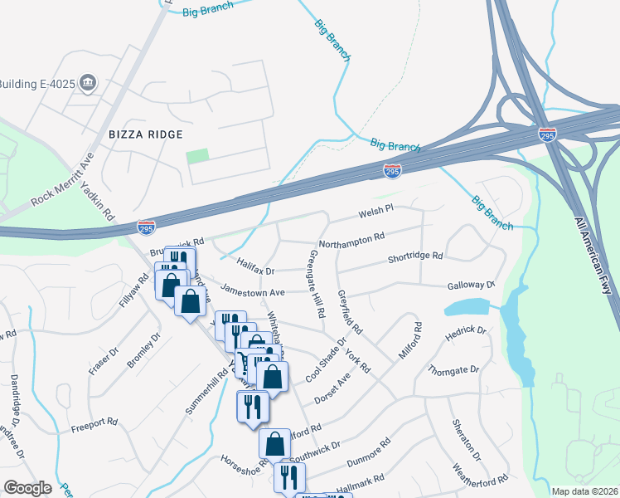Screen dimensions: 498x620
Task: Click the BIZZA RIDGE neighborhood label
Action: pos(145,134)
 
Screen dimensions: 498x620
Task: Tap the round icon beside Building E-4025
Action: pos(90,83)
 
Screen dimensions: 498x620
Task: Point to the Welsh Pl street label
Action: pos(374,213)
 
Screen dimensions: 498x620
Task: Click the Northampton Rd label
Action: pos(351,237)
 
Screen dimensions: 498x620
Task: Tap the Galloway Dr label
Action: pos(470,285)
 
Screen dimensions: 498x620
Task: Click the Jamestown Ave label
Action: pos(252,291)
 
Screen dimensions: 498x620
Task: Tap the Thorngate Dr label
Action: pos(453,369)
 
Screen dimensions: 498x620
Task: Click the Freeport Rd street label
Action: pos(94,422)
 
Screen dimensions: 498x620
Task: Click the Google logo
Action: pos(27,487)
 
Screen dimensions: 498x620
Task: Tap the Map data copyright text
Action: pos(584,491)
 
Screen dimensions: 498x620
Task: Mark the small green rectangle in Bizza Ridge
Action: pos(197,156)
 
